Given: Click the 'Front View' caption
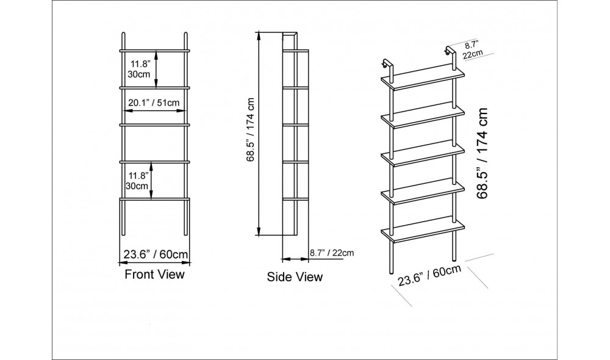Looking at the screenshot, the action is tap(154, 275).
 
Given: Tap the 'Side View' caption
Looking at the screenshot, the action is tap(295, 277).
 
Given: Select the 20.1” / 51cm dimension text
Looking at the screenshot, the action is tap(154, 103).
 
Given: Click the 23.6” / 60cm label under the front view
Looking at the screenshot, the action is tap(156, 254).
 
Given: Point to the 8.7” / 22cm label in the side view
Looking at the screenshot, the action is tap(332, 253).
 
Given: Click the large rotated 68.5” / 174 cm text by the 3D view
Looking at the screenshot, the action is tap(483, 153).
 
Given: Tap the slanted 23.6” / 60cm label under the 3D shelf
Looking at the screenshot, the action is tap(429, 275).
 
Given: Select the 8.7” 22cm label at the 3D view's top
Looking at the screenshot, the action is tap(472, 49).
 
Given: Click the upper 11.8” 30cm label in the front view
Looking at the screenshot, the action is tap(139, 69).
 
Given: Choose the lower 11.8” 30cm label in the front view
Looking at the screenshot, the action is tap(137, 181).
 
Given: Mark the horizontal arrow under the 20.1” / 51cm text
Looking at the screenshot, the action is tap(155, 111).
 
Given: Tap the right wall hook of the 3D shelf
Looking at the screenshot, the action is tap(450, 51).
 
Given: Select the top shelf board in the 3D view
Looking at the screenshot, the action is tap(423, 78).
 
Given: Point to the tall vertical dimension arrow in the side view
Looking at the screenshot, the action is tap(259, 134).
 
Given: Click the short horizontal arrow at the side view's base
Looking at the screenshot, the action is tap(295, 259).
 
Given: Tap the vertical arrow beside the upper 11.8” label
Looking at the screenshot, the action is tap(156, 70).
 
